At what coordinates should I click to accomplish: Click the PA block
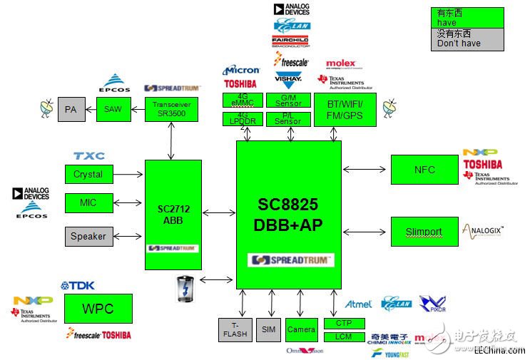click(x=71, y=110)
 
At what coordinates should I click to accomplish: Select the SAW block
click(x=113, y=109)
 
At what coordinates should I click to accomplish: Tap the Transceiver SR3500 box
click(x=171, y=109)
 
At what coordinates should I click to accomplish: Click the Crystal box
click(x=88, y=174)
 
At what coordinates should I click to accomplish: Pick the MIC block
click(x=88, y=203)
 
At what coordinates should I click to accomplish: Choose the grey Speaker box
click(x=88, y=236)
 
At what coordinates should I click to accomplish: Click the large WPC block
click(x=98, y=309)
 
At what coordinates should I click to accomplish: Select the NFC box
click(x=424, y=170)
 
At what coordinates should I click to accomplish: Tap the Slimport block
click(x=424, y=232)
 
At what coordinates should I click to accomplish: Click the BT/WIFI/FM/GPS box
click(x=345, y=109)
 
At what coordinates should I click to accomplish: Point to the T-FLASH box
click(x=235, y=330)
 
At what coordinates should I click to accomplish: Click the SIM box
click(x=268, y=330)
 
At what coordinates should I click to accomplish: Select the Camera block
click(x=301, y=329)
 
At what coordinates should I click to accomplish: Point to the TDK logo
click(x=78, y=285)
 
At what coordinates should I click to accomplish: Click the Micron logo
click(x=241, y=70)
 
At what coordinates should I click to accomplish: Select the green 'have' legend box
click(x=467, y=17)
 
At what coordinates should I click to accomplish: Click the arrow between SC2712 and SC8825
click(x=218, y=212)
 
